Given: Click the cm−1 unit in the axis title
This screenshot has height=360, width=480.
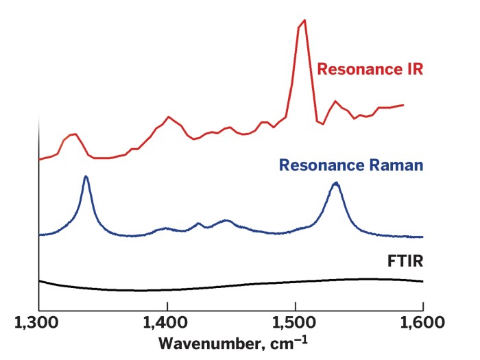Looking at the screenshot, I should (x=280, y=342).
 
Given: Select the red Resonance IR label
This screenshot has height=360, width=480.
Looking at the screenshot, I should (x=371, y=69).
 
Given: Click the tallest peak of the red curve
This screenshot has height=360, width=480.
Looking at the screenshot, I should (x=304, y=21).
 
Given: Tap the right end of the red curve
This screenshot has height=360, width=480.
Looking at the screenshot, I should (x=403, y=105).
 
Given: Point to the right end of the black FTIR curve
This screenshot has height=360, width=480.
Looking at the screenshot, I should (x=422, y=281).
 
